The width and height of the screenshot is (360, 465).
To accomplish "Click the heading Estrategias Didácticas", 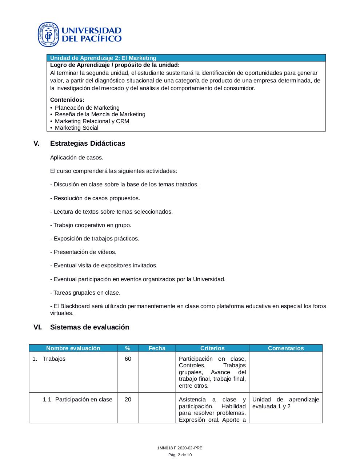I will coord(87,143).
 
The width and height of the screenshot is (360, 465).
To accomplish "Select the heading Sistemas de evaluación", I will coord(89,327).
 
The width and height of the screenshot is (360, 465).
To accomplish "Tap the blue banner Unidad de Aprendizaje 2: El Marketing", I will coord(103,58).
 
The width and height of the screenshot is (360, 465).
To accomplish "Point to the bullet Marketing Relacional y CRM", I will coord(92,121).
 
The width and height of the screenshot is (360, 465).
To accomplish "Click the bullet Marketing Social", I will coord(76,128).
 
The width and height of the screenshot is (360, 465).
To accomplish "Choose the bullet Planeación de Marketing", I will coord(87,108).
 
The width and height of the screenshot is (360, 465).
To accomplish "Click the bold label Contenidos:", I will coord(67,100).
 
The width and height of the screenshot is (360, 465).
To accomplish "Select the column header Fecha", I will coord(157,348).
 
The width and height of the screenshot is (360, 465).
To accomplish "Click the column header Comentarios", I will coord(285,348).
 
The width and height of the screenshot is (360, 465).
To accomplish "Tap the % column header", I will coord(128,348).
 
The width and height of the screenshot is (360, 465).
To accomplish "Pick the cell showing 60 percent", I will coord(128,359).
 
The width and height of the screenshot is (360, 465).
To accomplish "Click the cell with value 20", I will coord(128,400).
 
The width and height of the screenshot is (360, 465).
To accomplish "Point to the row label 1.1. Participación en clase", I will coord(77,400).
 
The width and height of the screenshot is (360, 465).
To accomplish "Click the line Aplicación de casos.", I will coord(77,158).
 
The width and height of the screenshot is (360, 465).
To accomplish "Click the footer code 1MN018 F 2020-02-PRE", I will coord(180,448).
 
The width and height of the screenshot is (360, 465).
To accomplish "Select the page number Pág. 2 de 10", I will coord(180,455).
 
